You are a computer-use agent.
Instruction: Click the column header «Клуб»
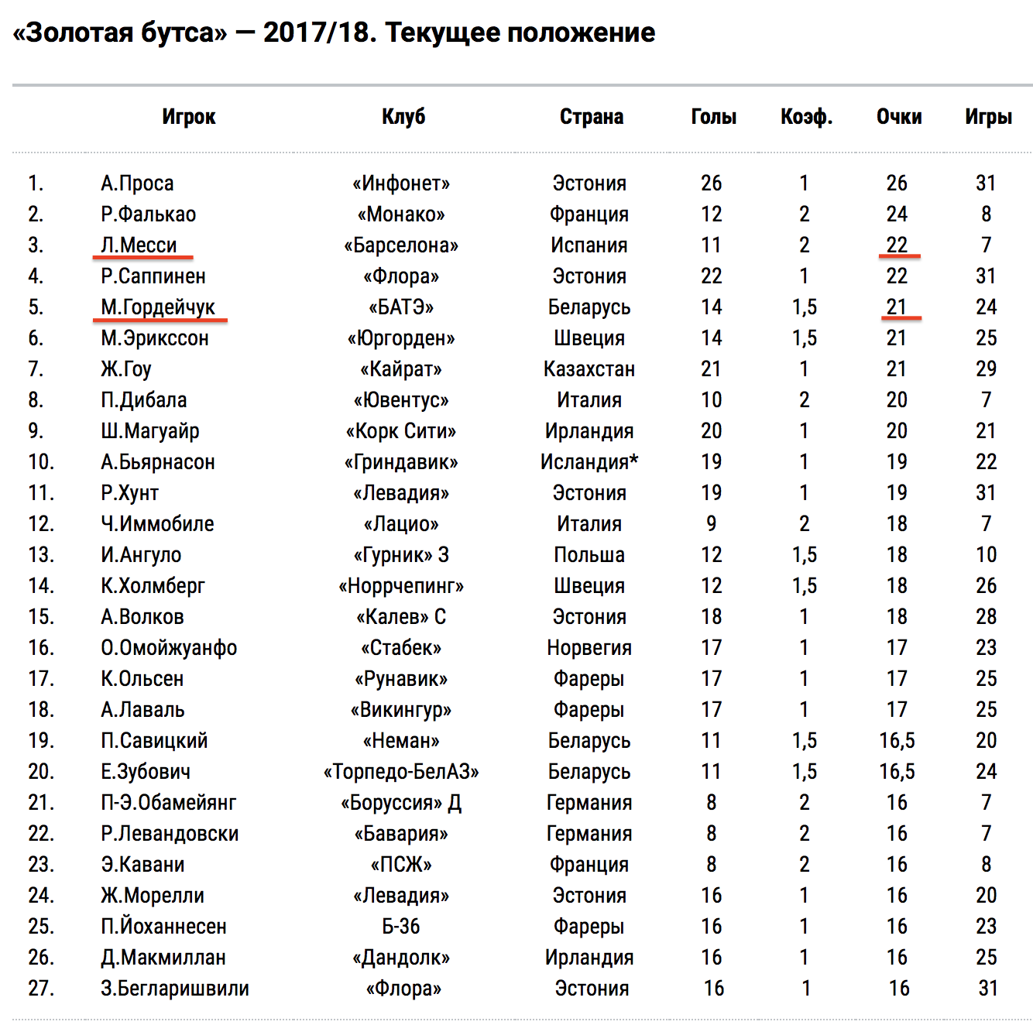click(x=403, y=117)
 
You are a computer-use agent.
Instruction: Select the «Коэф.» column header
click(x=806, y=117)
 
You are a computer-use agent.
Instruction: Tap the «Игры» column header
click(x=988, y=117)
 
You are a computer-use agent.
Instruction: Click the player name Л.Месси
click(x=139, y=245)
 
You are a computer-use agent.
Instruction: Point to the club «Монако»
click(x=401, y=214)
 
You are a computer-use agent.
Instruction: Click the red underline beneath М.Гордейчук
click(x=160, y=319)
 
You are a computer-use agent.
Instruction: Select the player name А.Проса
click(x=137, y=183)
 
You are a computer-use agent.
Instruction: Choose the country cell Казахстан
click(x=589, y=369)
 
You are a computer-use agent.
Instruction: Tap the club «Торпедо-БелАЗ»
click(x=401, y=772)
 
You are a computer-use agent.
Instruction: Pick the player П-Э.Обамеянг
click(x=168, y=803)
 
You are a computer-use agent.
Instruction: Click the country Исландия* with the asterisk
click(x=589, y=462)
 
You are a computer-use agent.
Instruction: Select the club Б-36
click(x=401, y=927)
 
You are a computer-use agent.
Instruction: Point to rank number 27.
click(x=41, y=989)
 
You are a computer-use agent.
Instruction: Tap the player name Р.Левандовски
click(x=170, y=834)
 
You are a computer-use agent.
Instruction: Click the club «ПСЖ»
click(x=401, y=865)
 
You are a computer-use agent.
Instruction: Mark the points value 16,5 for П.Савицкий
click(x=897, y=741)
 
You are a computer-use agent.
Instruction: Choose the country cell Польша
click(x=589, y=555)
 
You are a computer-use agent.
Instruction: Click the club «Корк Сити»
click(x=401, y=431)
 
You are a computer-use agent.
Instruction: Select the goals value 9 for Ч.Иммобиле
click(x=711, y=524)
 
